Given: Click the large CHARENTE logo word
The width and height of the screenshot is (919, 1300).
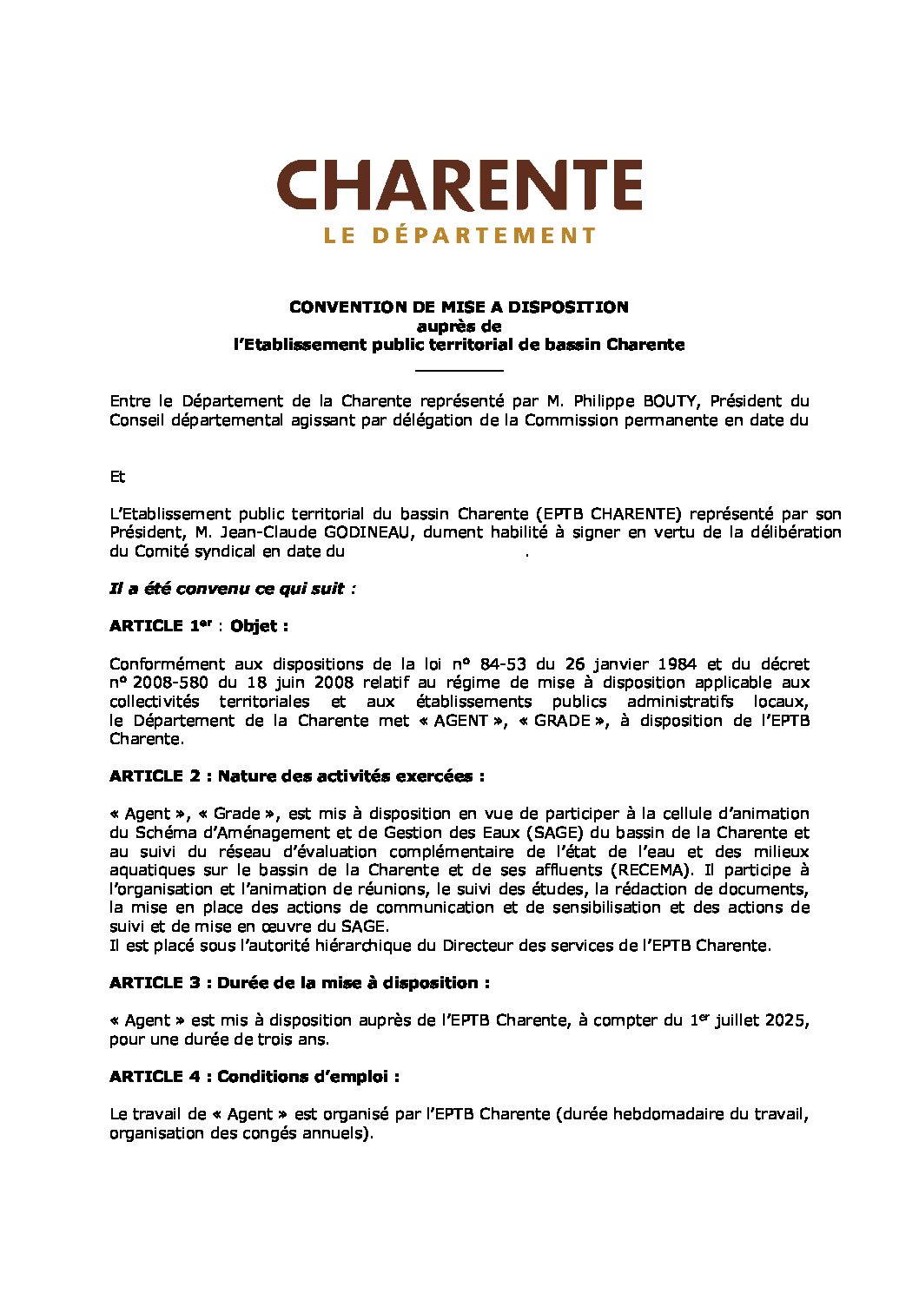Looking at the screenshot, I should (x=459, y=185).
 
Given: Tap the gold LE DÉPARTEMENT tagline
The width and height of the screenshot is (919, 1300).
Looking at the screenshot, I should (x=459, y=235).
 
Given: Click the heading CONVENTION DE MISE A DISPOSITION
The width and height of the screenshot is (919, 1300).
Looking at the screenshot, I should (x=459, y=307).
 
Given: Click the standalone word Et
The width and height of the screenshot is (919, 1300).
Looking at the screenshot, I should (x=117, y=477).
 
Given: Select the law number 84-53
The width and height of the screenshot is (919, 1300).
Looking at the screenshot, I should (x=503, y=664).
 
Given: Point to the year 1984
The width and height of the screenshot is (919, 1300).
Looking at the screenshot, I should (x=670, y=664).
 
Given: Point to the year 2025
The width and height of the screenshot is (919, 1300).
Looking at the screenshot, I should (x=787, y=1020).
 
